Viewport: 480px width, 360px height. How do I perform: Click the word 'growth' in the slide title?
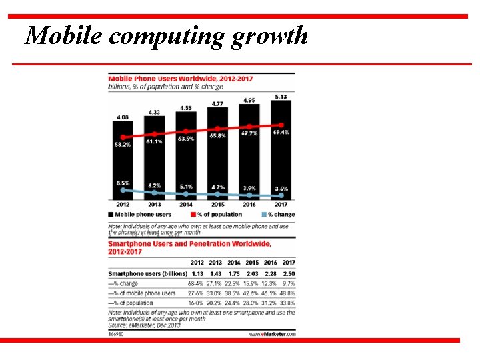[x=270, y=36]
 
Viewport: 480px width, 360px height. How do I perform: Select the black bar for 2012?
[x=123, y=160]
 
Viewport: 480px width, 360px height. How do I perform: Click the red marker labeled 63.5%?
[x=185, y=131]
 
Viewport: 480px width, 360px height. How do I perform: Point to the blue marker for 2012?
[x=123, y=190]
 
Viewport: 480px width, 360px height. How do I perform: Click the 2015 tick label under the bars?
[x=217, y=205]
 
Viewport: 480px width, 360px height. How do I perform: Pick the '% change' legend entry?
[x=280, y=215]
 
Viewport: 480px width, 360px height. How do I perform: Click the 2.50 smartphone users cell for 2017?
[x=287, y=274]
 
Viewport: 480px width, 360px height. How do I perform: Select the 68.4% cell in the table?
[x=197, y=284]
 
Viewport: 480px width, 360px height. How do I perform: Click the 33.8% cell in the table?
[x=287, y=302]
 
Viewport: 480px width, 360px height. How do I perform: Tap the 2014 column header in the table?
[x=233, y=263]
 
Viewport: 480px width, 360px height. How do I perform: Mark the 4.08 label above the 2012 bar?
[x=123, y=117]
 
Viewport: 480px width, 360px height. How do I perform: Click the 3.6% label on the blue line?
[x=281, y=189]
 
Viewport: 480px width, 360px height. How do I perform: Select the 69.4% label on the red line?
[x=281, y=133]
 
